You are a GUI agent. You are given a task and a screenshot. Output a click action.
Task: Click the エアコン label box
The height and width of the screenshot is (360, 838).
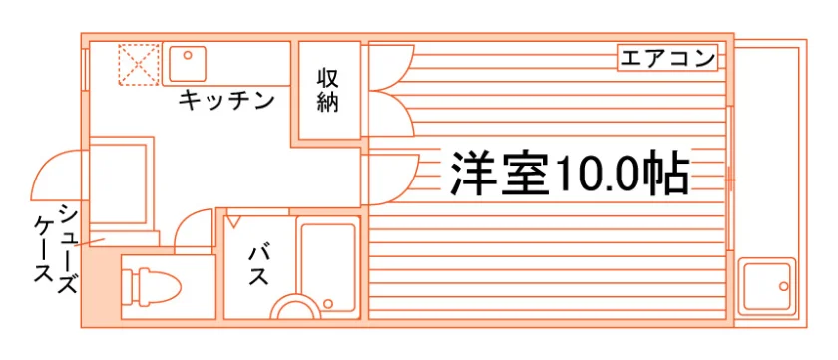[667, 58]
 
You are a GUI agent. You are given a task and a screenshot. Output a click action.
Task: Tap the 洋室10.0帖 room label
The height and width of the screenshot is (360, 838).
[569, 173]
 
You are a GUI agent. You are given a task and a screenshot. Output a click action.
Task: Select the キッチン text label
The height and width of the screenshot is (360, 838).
[226, 100]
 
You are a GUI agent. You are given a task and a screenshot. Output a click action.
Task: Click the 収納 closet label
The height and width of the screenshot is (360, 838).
[327, 90]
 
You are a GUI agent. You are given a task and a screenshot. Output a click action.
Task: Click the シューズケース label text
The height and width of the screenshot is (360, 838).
[55, 249]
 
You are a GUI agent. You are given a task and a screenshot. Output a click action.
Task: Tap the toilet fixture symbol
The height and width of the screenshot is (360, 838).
[152, 287]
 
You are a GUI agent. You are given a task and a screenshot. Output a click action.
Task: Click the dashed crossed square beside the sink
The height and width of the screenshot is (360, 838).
[139, 64]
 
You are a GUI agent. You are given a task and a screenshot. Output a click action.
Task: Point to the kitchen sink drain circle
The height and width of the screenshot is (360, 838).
[188, 55]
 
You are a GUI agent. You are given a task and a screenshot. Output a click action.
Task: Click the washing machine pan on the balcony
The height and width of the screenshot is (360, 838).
[767, 287]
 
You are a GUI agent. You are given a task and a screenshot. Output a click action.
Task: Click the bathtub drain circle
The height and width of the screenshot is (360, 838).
[328, 304]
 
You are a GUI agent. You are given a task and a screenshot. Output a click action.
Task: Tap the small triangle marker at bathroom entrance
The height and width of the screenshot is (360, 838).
[233, 220]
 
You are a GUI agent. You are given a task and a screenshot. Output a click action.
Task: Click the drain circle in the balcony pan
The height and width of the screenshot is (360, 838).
[783, 286]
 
